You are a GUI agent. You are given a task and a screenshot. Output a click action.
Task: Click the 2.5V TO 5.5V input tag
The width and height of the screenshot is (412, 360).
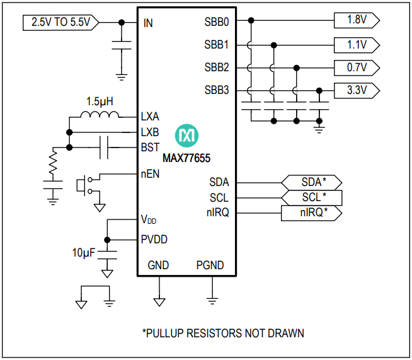pyautogui.click(x=60, y=23)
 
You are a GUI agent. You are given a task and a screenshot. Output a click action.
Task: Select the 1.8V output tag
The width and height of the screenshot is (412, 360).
pyautogui.click(x=357, y=20)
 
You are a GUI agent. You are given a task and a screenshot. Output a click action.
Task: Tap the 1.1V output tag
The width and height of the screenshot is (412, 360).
pyautogui.click(x=357, y=45)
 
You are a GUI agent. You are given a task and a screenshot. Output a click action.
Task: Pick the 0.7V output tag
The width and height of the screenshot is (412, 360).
pyautogui.click(x=357, y=67)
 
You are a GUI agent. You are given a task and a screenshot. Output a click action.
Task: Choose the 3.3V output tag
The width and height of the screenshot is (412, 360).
pyautogui.click(x=357, y=90)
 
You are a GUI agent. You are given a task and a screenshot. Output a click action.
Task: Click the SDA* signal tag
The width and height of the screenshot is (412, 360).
pyautogui.click(x=311, y=182)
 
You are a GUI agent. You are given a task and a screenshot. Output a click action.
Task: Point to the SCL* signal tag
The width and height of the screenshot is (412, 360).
pyautogui.click(x=311, y=197)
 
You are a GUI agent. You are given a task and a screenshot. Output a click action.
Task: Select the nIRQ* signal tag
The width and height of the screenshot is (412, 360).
pyautogui.click(x=311, y=213)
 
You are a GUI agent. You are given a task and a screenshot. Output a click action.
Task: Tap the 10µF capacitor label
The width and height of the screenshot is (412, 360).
pyautogui.click(x=84, y=253)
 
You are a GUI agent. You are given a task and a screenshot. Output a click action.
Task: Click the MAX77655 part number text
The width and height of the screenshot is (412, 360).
pyautogui.click(x=186, y=158)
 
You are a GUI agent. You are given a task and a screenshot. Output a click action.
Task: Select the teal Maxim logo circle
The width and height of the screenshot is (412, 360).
pyautogui.click(x=187, y=134)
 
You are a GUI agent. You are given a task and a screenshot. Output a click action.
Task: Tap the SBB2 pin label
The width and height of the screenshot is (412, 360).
pyautogui.click(x=217, y=67)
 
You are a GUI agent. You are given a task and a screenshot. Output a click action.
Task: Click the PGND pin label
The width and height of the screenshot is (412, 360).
pyautogui.click(x=210, y=265)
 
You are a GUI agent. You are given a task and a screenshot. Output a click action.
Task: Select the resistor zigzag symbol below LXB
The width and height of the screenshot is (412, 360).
pyautogui.click(x=53, y=164)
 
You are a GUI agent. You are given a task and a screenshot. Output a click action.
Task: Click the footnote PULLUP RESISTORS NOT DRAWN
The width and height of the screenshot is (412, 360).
pyautogui.click(x=223, y=333)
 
